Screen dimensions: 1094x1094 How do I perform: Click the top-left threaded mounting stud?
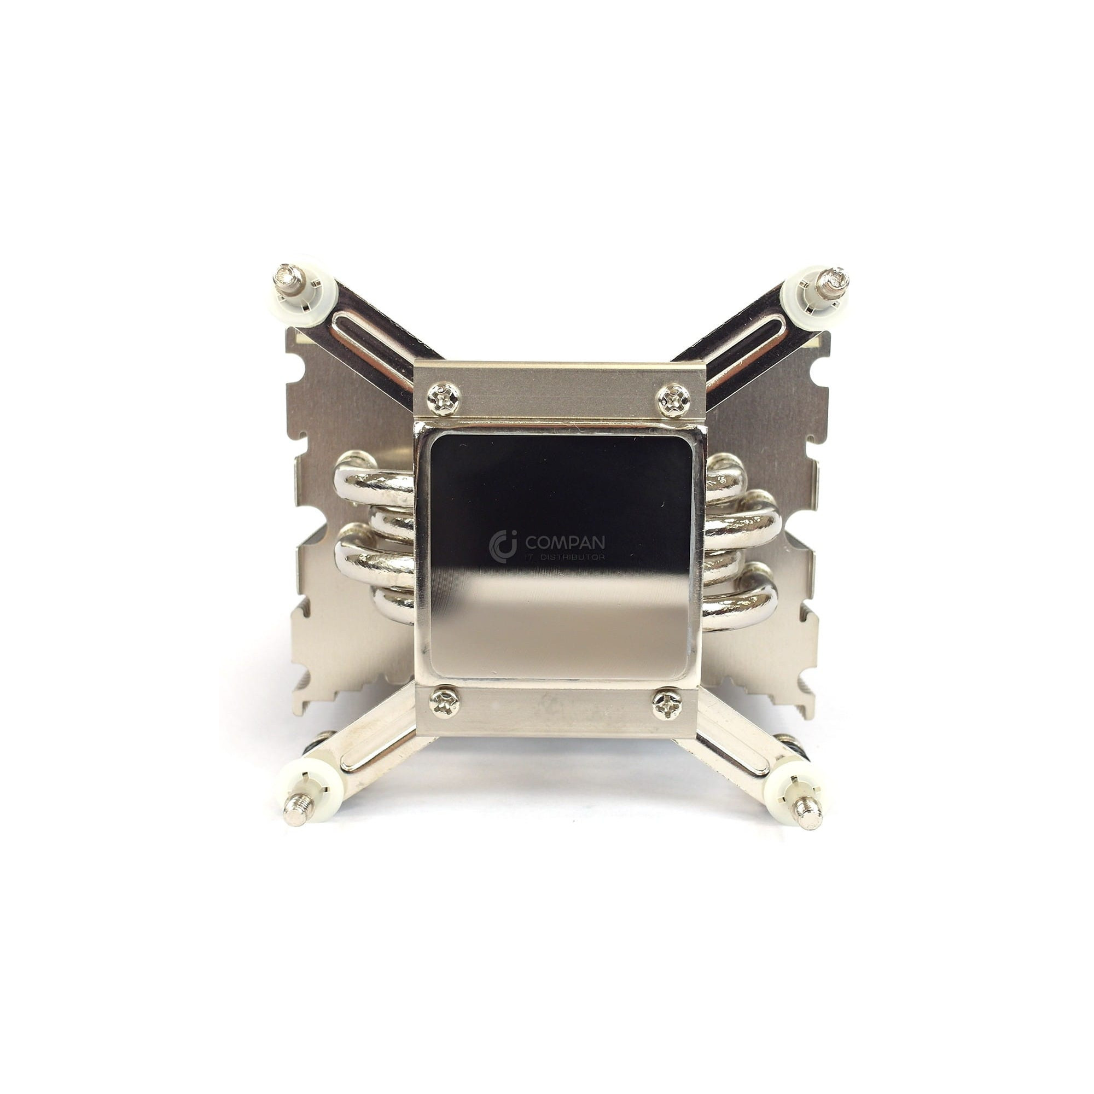coord(289,278)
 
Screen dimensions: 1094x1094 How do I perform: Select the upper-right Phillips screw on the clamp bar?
coord(673,400)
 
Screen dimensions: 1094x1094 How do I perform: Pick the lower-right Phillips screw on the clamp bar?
coord(667,704)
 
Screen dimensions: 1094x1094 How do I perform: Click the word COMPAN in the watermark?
coord(565,543)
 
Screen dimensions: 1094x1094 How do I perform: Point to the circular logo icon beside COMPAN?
coord(503,546)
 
